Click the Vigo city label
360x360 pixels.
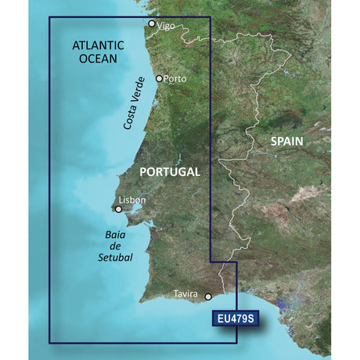(166, 26)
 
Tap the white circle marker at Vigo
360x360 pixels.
(152, 23)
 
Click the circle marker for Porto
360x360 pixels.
(160, 78)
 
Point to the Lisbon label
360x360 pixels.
(134, 200)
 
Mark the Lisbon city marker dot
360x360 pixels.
(119, 209)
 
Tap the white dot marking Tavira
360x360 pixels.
(208, 297)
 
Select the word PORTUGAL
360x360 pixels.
(169, 171)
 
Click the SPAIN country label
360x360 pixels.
(288, 142)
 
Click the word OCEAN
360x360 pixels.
(96, 59)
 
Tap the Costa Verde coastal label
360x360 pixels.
(135, 104)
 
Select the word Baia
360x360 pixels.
(115, 233)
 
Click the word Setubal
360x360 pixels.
(117, 257)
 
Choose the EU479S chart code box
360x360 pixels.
(235, 319)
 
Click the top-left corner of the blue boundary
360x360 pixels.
(49, 17)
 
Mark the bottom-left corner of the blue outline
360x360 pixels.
(49, 342)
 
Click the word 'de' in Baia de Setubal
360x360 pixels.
(116, 245)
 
